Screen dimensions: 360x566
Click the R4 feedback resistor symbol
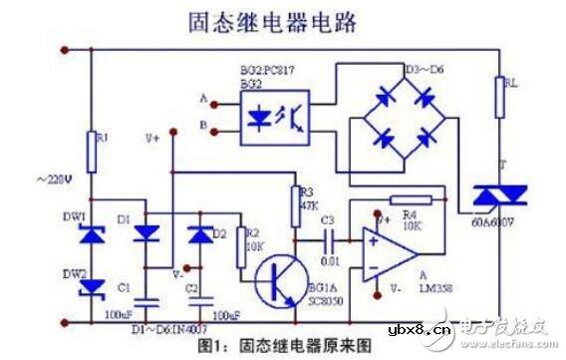tap(410, 200)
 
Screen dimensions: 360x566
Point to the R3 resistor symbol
tap(295, 196)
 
